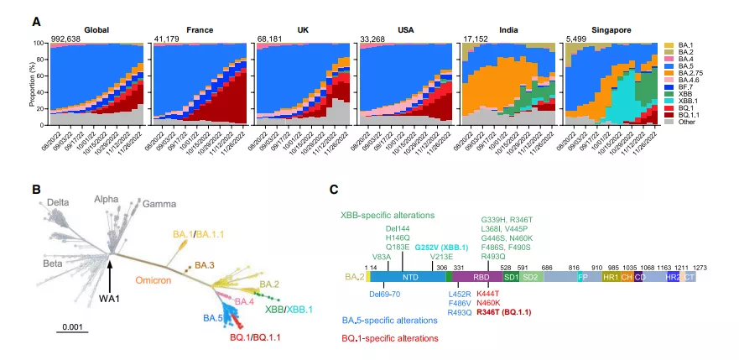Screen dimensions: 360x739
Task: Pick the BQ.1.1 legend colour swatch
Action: point(668,115)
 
